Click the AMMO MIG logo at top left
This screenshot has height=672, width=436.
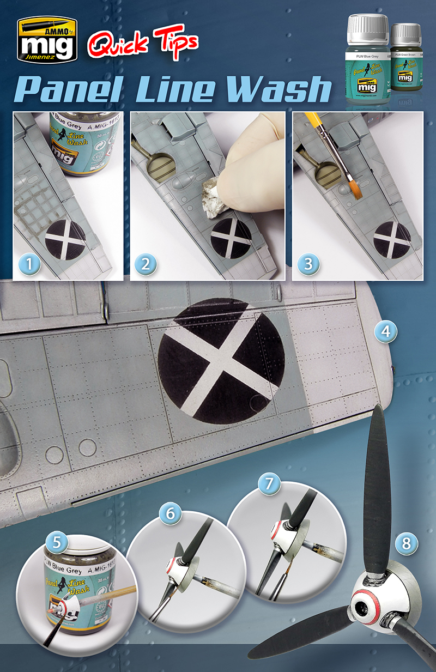(x=46, y=41)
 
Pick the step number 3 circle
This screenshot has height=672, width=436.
(x=308, y=264)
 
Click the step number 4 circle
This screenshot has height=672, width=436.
(x=385, y=331)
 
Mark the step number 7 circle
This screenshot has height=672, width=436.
(x=269, y=483)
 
